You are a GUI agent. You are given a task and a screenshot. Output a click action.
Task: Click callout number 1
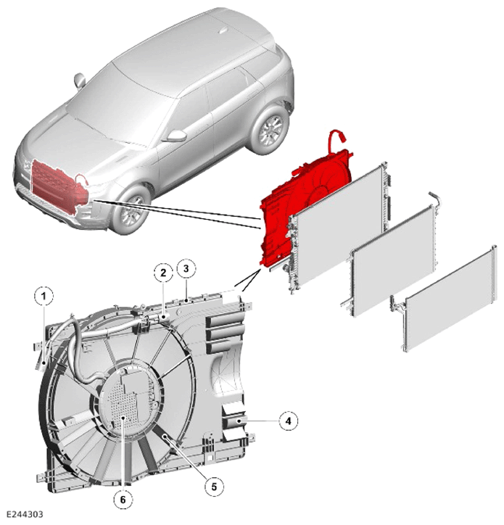[x=44, y=296]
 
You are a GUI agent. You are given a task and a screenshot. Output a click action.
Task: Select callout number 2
[x=163, y=273]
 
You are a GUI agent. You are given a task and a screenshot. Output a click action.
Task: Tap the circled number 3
[x=186, y=268]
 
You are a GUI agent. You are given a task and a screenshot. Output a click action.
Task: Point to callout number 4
[x=289, y=421]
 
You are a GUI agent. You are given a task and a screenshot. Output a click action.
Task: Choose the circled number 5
[x=214, y=486]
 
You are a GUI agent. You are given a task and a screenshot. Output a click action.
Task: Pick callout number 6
[x=123, y=500]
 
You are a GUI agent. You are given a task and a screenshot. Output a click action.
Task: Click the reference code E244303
[x=25, y=514]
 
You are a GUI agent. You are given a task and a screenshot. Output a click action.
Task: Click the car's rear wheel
[x=270, y=130]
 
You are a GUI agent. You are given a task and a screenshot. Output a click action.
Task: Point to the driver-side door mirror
[x=177, y=136]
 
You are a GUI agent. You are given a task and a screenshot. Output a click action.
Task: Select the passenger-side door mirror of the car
[x=80, y=80]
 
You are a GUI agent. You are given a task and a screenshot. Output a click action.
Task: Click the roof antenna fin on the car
[x=223, y=31]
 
